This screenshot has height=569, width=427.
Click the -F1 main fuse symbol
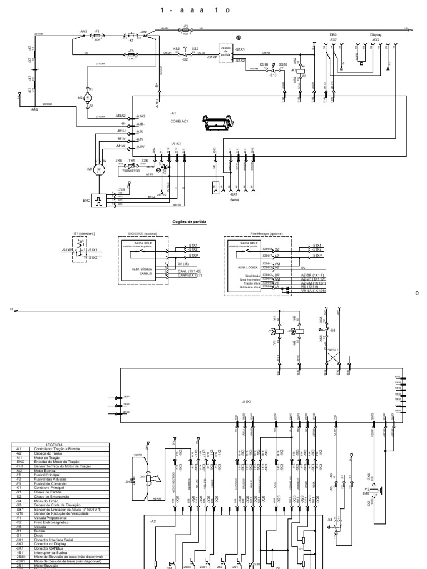tap(97, 33)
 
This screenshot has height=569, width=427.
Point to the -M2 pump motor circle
tap(87, 97)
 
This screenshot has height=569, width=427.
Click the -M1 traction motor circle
tap(100, 169)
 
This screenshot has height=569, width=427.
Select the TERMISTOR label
tap(132, 172)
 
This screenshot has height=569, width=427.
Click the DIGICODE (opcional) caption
tap(143, 234)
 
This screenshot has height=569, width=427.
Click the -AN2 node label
tap(34, 109)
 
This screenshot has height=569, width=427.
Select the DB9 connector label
tap(334, 34)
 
